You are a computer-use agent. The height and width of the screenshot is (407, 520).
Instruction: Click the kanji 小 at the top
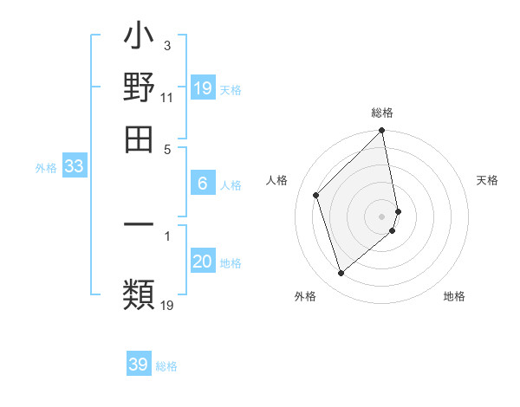click(x=139, y=40)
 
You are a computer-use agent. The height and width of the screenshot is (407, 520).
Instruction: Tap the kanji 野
click(x=139, y=88)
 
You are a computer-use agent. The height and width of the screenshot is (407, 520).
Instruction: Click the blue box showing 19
click(x=203, y=87)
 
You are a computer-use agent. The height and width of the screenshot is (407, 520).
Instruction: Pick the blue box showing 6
click(x=203, y=183)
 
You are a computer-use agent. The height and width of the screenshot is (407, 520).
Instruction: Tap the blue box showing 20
click(x=203, y=262)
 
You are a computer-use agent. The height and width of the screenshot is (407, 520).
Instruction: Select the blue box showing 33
click(x=74, y=167)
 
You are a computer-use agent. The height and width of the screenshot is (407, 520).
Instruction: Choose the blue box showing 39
click(x=139, y=365)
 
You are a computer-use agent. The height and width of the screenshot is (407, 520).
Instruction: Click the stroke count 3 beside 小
click(x=166, y=45)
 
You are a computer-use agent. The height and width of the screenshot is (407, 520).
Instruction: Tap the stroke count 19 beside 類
click(x=167, y=304)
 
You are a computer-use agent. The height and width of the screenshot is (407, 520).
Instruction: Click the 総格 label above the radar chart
click(x=382, y=113)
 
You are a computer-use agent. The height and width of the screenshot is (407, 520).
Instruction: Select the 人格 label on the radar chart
click(x=277, y=180)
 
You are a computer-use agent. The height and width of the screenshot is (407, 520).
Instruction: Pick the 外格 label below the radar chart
click(x=305, y=296)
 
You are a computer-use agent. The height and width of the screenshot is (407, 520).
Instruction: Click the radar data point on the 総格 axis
click(x=382, y=132)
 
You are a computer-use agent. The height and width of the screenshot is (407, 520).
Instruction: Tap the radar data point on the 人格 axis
click(x=316, y=195)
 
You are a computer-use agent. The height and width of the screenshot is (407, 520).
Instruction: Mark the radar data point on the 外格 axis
click(x=341, y=274)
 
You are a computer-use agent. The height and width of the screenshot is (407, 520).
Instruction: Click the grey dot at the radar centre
click(x=382, y=216)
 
